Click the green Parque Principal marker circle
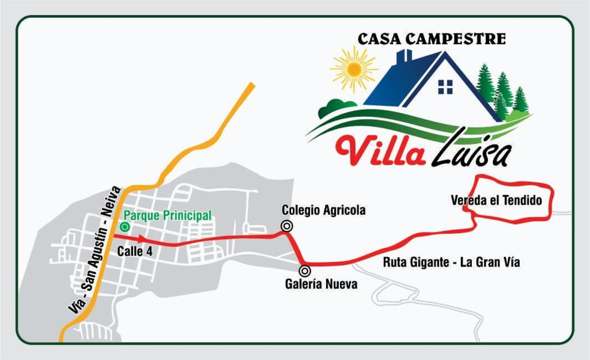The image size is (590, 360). coord(124,227)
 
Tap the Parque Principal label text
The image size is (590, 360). coord(168,215)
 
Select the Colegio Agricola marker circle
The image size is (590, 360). coord(286,226)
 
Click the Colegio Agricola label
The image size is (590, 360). coord(323,210)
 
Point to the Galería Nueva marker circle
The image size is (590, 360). coord(305,270)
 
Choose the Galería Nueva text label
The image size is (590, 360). coord(321,284)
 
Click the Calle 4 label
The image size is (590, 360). coord(135,251)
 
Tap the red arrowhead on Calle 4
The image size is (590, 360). coord(142,238)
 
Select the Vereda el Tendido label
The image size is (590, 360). coord(496,200)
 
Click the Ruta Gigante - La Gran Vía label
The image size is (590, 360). coord(452,263)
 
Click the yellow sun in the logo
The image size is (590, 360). coord(354,70)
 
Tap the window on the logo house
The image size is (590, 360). coord(445,86)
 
